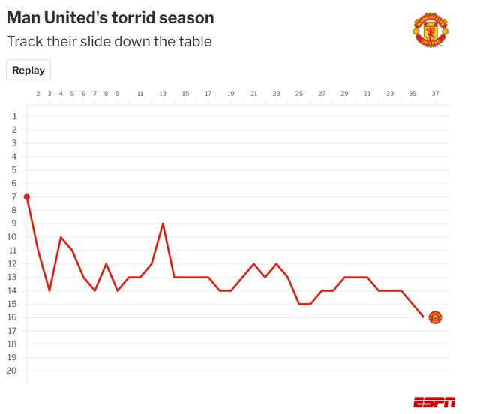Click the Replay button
coord(28,70)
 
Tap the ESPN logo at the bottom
coord(433,402)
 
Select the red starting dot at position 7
coord(27,196)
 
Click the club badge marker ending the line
coord(435,317)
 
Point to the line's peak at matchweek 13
coord(163,223)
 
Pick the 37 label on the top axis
coord(435,94)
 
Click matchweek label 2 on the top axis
coord(38,94)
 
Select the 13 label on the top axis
coord(163,94)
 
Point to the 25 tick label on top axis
coord(299,94)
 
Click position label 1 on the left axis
coord(14,116)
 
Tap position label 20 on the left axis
coord(12,370)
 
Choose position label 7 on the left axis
coord(14,196)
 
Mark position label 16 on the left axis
coord(12,317)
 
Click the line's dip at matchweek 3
coord(49,290)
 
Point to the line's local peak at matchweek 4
coord(61,237)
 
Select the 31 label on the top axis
coord(367,94)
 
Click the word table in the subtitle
coord(193,41)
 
